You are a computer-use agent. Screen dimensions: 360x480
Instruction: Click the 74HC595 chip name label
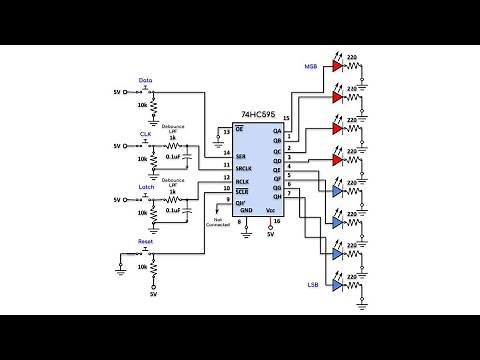pyautogui.click(x=259, y=115)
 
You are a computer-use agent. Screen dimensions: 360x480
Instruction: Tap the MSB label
pyautogui.click(x=311, y=67)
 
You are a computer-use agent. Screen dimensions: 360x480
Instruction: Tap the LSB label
pyautogui.click(x=311, y=285)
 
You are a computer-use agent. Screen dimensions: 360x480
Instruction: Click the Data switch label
pyautogui.click(x=146, y=80)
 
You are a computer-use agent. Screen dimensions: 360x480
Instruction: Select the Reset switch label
pyautogui.click(x=146, y=243)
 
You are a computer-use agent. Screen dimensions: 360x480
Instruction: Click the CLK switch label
pyautogui.click(x=146, y=132)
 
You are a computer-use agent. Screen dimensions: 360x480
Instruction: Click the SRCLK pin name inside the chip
pyautogui.click(x=244, y=168)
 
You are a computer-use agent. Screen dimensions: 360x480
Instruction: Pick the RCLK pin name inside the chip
pyautogui.click(x=243, y=180)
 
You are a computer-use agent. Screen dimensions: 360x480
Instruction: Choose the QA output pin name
pyautogui.click(x=277, y=131)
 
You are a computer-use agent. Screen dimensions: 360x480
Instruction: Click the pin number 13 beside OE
pyautogui.click(x=226, y=131)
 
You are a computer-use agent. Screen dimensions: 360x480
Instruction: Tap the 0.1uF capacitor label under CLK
pyautogui.click(x=173, y=158)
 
